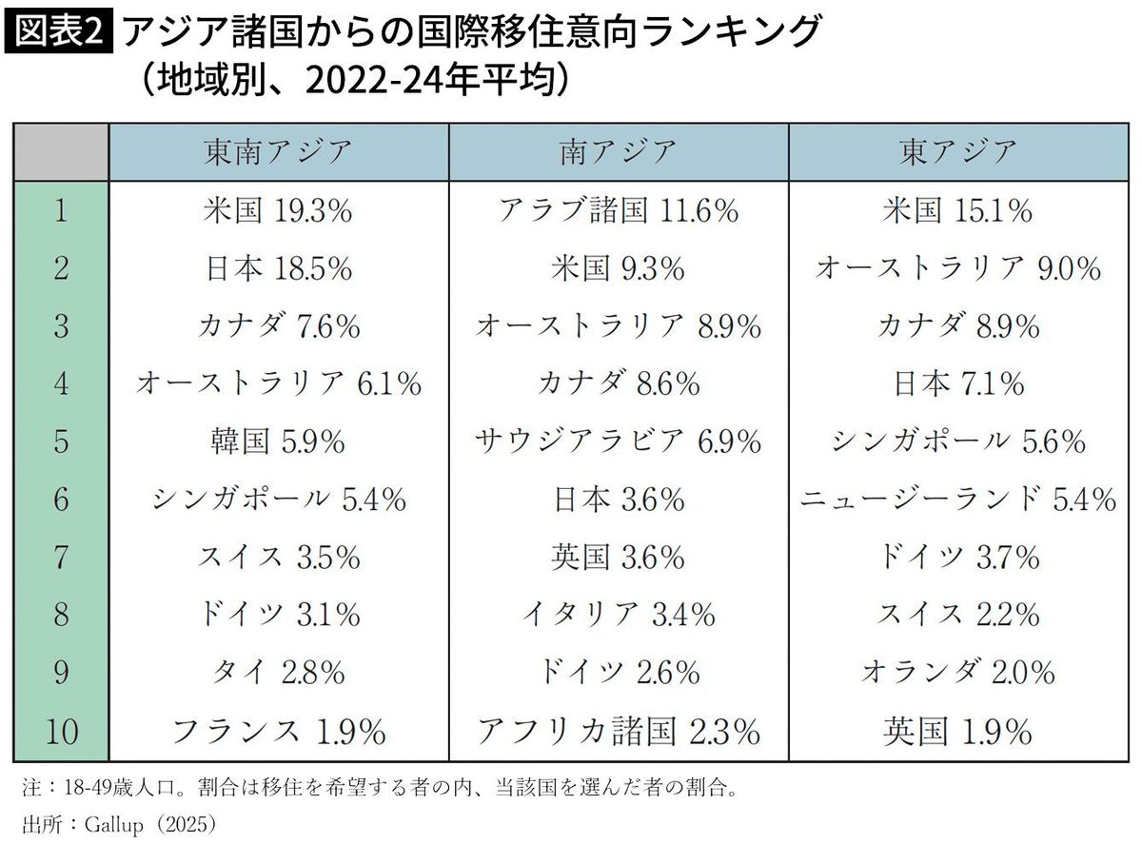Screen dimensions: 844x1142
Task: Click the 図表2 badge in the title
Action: tap(59, 32)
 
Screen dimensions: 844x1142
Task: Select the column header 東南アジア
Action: tap(278, 151)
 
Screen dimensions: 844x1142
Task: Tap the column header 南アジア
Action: tap(618, 151)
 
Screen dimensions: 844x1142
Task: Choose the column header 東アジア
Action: tap(958, 151)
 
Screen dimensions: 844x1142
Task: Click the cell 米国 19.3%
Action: tap(278, 210)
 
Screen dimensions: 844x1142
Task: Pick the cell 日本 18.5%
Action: tap(278, 268)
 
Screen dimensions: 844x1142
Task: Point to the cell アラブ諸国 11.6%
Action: tap(618, 210)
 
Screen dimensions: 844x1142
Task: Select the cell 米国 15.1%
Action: tap(958, 210)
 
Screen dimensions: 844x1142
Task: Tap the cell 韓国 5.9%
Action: tap(278, 442)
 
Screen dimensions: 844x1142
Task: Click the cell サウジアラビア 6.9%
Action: tap(618, 442)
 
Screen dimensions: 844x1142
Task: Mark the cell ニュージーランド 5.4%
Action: tap(958, 499)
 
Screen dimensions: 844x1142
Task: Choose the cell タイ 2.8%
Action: tap(278, 673)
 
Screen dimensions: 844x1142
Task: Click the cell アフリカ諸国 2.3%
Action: tap(618, 731)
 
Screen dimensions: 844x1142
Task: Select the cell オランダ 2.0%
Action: tap(958, 673)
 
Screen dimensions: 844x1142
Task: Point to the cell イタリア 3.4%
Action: tap(618, 615)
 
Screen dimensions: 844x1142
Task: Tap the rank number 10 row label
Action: tap(61, 731)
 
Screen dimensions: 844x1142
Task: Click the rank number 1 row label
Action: tap(61, 210)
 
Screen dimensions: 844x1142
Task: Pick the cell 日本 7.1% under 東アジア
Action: tap(958, 383)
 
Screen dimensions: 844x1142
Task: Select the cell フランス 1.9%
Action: tap(278, 731)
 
